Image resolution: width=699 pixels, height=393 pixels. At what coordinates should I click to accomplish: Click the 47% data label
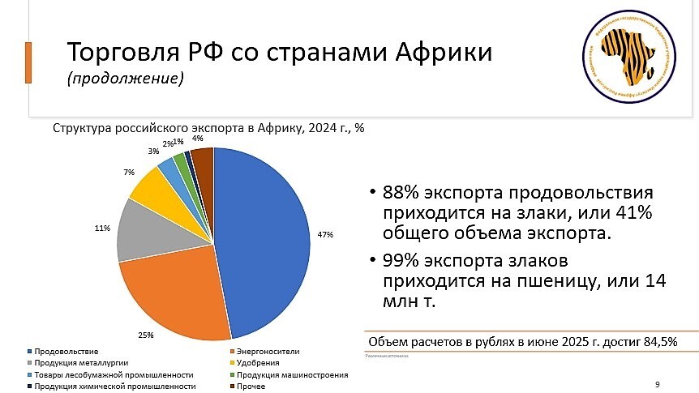coord(325,234)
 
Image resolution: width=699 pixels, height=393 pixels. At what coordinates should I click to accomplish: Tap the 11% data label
coord(102,229)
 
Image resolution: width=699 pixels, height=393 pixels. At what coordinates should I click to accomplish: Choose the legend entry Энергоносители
coord(267,352)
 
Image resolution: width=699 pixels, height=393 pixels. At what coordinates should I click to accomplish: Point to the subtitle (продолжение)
coord(125,79)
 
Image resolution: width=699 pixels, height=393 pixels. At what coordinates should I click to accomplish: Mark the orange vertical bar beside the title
coord(29,63)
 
